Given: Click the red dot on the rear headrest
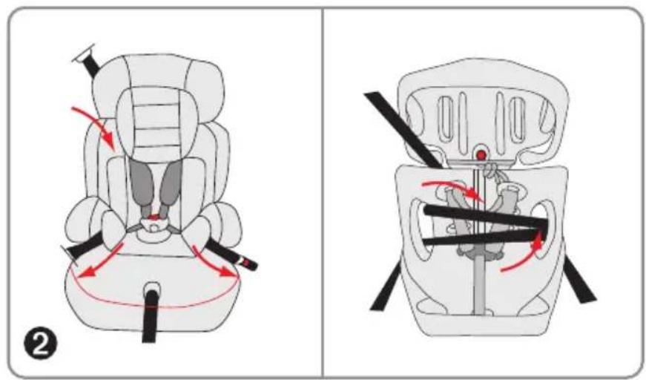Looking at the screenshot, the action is [x=481, y=155].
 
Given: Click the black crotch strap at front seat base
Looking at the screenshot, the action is [x=150, y=315].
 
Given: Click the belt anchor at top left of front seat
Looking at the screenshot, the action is [x=88, y=60].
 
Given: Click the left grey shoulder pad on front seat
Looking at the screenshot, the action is [x=142, y=185].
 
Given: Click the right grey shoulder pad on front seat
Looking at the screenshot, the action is [x=170, y=185].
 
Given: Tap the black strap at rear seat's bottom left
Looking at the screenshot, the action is [x=386, y=286].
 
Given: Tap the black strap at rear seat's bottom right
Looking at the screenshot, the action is [x=579, y=280].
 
